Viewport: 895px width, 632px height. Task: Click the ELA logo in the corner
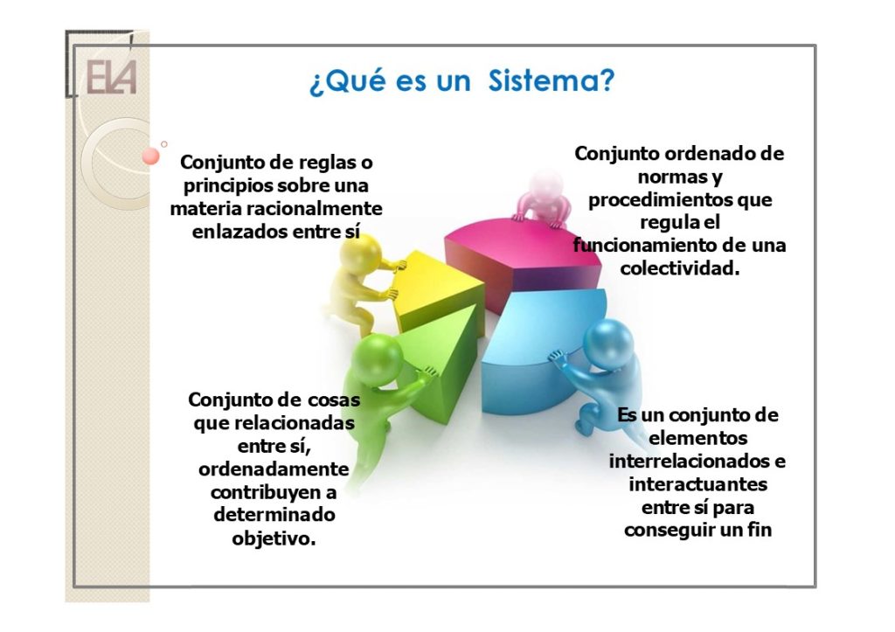point(111,77)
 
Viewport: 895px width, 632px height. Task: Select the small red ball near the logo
point(150,156)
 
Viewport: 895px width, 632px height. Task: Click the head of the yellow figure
point(359,253)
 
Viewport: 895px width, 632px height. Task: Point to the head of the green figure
point(377,358)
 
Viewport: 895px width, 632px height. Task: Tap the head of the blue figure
point(609,342)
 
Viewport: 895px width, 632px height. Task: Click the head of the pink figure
point(545,184)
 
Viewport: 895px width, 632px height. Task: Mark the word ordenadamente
point(274,469)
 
